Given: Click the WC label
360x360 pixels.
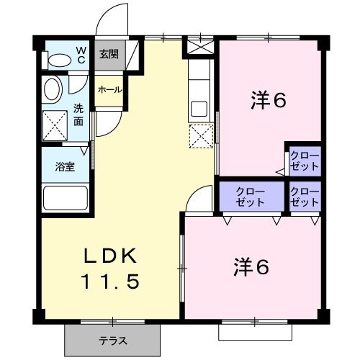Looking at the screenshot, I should [x=81, y=55].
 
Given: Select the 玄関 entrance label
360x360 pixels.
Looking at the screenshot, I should [x=108, y=53].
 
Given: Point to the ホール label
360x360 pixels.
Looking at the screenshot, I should [x=109, y=90].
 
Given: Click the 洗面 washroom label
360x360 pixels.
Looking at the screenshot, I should [x=78, y=115].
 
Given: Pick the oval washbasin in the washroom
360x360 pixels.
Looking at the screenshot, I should [x=53, y=91].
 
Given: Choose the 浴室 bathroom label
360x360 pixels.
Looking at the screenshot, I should [x=65, y=166].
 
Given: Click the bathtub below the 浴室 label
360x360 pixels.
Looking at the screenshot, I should [x=66, y=197].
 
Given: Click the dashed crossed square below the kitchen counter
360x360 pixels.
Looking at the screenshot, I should [x=201, y=135].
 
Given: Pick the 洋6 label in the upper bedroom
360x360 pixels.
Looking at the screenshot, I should [x=269, y=101].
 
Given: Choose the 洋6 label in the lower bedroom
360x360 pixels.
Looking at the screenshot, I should [x=251, y=267].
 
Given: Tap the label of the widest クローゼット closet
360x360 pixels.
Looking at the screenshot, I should [x=251, y=196].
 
